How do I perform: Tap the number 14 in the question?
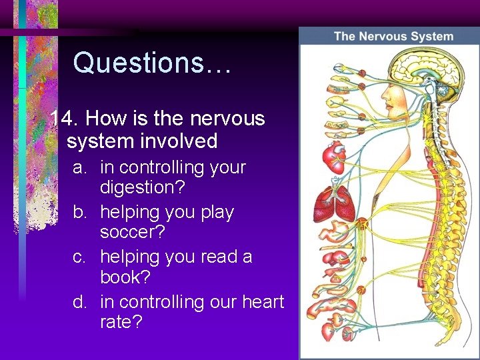click(65, 119)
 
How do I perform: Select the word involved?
click(176, 141)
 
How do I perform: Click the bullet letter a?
click(79, 167)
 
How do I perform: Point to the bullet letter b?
click(79, 213)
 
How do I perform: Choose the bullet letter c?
click(79, 257)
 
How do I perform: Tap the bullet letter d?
click(79, 301)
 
